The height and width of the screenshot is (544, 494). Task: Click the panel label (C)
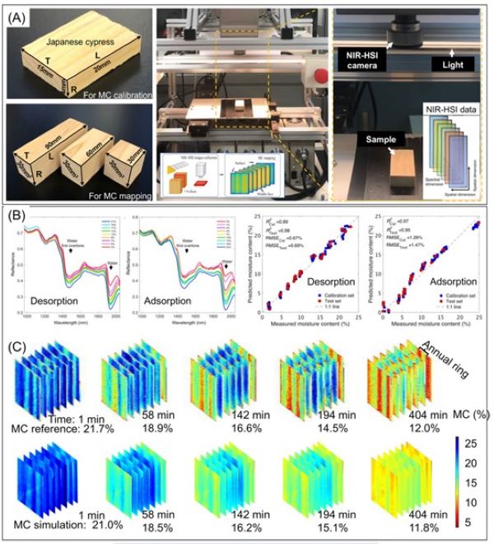(x=18, y=347)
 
